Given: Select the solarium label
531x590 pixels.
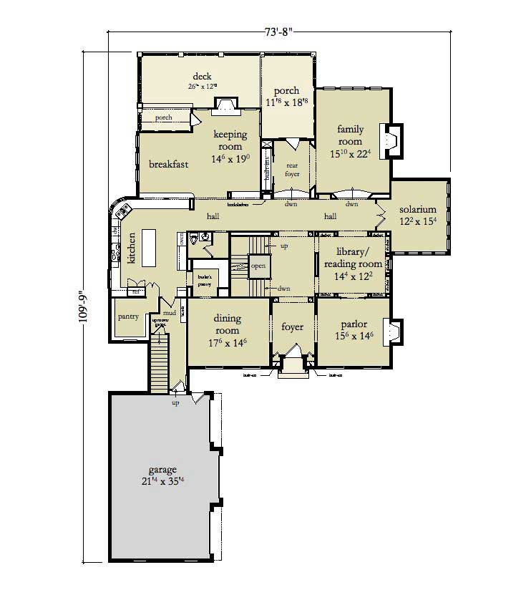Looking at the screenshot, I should [x=418, y=210].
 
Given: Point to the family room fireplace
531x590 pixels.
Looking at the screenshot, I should [x=391, y=140].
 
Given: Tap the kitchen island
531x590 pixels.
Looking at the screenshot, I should [x=150, y=246].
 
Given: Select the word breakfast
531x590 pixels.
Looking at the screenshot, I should [x=168, y=164].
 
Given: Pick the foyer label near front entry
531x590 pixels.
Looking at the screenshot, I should [x=292, y=327].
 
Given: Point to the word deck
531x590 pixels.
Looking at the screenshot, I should [x=202, y=77].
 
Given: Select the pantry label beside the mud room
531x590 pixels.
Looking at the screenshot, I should [x=128, y=317].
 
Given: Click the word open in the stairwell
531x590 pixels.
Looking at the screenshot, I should [x=257, y=267].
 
